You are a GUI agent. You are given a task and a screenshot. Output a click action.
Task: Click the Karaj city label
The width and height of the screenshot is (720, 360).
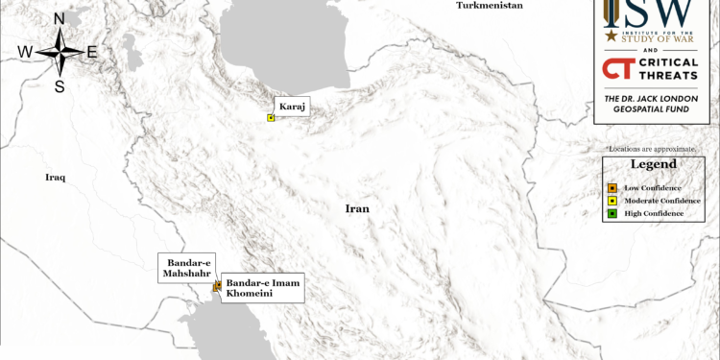291,107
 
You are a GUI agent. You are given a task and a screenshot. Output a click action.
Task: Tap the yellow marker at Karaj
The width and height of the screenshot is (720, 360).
272,118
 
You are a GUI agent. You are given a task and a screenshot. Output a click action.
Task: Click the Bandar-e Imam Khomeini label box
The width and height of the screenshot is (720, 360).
263,288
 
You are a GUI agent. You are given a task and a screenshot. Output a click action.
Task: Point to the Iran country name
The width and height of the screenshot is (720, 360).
358,208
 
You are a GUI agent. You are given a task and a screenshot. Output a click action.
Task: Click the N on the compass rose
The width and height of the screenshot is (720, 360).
60,19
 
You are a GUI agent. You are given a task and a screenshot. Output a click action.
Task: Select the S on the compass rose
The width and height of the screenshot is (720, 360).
60,86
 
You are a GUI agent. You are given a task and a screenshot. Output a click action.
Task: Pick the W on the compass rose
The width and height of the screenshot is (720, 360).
25,52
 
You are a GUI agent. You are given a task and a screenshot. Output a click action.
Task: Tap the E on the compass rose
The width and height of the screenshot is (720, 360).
92,52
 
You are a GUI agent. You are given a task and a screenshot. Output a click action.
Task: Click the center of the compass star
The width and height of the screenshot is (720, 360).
60,52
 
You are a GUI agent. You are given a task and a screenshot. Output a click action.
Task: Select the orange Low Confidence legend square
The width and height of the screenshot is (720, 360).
612,187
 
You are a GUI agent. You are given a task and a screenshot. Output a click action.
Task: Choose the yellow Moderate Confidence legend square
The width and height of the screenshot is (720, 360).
612,200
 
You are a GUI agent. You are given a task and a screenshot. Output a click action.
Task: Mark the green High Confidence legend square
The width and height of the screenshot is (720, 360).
612,213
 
